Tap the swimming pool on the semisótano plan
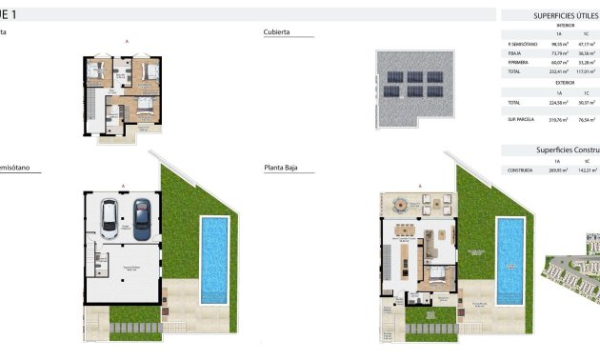click(x=214, y=258)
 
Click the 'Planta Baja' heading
click(x=283, y=168)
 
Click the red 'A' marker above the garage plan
click(x=124, y=184)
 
